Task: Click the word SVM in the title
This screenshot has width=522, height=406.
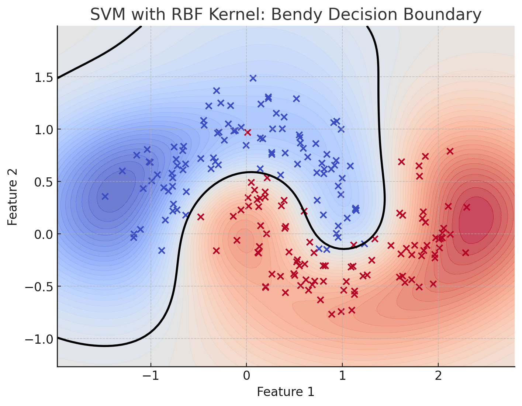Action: point(107,15)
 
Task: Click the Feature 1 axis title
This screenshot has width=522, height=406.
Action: point(286,392)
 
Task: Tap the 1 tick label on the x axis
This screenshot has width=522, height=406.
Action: point(342,377)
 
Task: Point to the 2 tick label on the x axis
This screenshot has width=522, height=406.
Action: point(438,377)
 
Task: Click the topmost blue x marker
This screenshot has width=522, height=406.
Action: point(253,78)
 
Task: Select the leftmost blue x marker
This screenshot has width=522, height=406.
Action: point(105,197)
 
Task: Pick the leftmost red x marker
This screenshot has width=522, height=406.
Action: point(201,217)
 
